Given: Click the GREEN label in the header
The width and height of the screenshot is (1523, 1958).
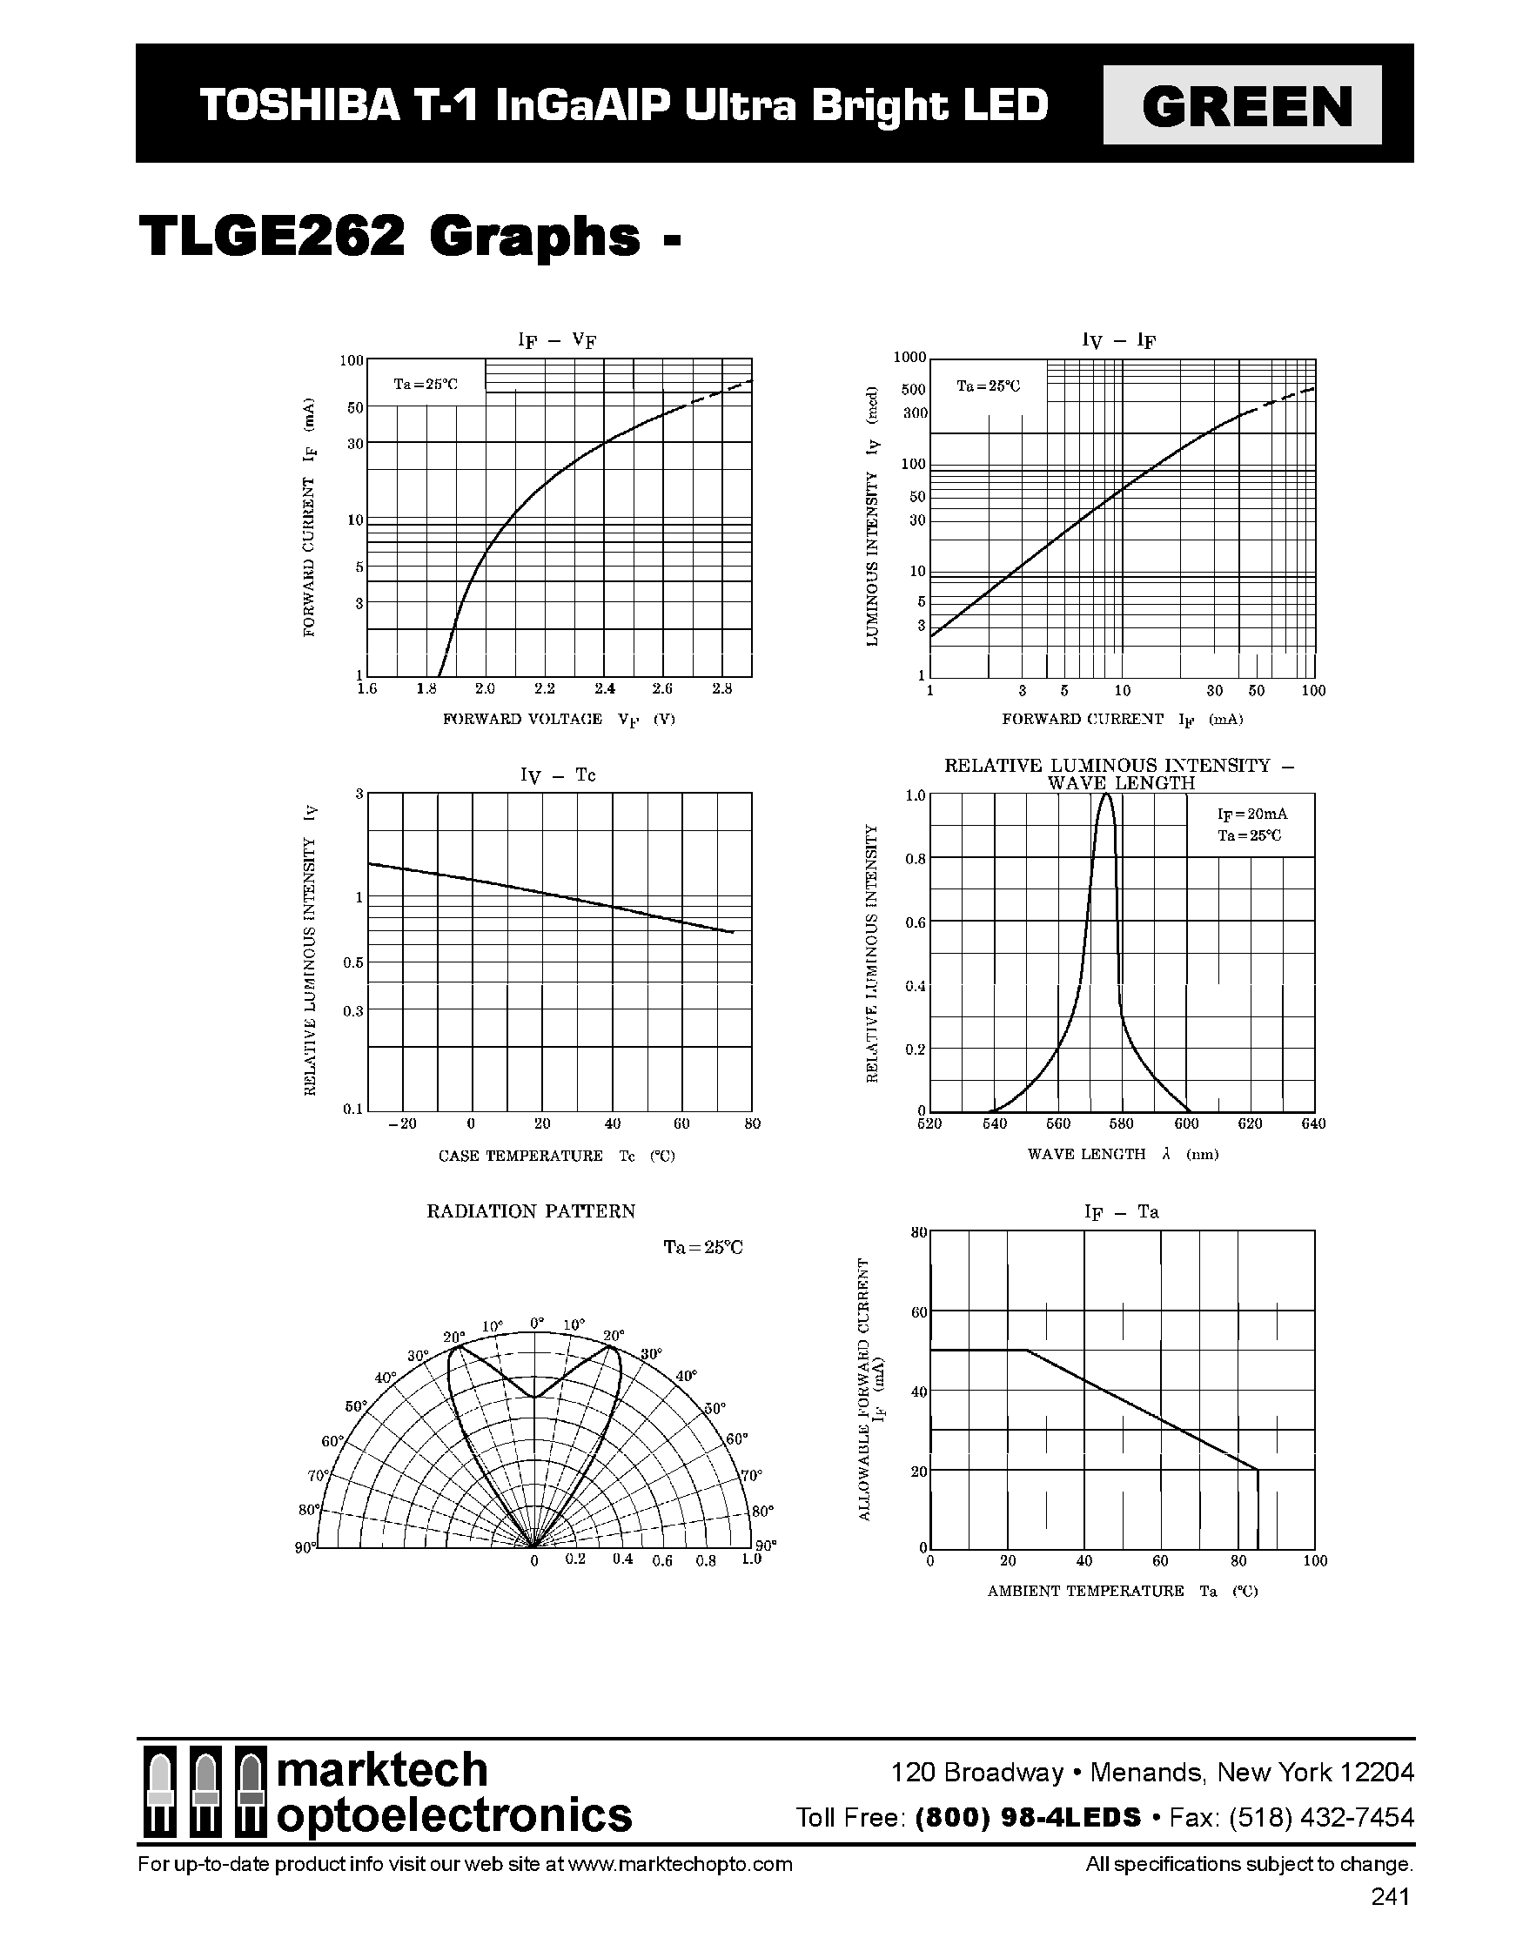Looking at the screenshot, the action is coord(1242,105).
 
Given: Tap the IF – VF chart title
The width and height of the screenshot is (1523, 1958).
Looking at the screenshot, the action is coord(557,340).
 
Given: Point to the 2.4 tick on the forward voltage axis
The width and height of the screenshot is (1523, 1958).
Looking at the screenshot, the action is coord(604,688).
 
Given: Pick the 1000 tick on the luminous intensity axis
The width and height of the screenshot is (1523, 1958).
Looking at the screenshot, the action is coord(909,358).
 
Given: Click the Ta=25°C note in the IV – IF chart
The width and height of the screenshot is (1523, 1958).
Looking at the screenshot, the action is coord(988,386).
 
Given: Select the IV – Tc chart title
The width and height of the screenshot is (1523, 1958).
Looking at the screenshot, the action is coord(557,775).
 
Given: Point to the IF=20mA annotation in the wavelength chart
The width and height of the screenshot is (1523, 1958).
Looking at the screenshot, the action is coord(1251,814).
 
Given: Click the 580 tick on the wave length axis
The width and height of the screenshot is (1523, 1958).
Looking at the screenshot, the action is coord(1122,1123).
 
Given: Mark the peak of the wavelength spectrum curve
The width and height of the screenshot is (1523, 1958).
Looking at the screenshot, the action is coord(1105,795).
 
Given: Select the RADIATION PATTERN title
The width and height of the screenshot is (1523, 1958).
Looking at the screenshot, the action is coord(531,1211).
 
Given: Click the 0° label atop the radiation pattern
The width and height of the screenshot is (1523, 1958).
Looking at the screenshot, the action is coord(536,1323).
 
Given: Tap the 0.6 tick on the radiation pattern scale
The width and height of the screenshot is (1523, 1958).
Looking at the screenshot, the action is coord(661,1561).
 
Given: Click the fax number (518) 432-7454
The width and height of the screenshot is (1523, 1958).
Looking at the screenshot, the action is coord(1321,1817).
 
